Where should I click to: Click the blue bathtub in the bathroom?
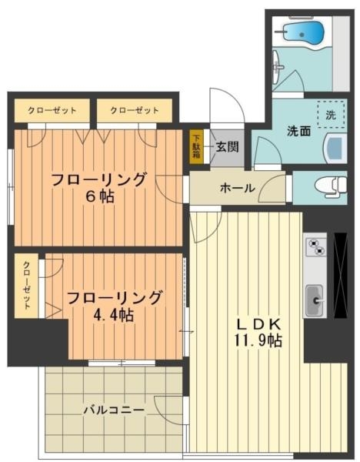click(x=304, y=34)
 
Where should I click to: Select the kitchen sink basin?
click(x=316, y=298)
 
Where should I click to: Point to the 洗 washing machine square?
click(x=331, y=114)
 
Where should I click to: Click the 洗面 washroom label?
click(x=298, y=131)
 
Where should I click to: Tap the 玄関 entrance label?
click(x=226, y=146)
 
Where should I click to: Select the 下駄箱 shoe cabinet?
click(x=196, y=146)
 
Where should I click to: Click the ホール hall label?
click(x=237, y=187)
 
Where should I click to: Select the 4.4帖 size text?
click(x=113, y=315)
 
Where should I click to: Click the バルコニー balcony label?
click(x=113, y=410)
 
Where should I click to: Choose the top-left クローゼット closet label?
click(x=52, y=110)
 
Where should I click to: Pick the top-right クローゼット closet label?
click(x=135, y=110)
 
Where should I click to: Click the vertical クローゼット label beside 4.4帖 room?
click(x=27, y=286)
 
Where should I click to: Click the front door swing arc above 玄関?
click(x=229, y=106)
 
